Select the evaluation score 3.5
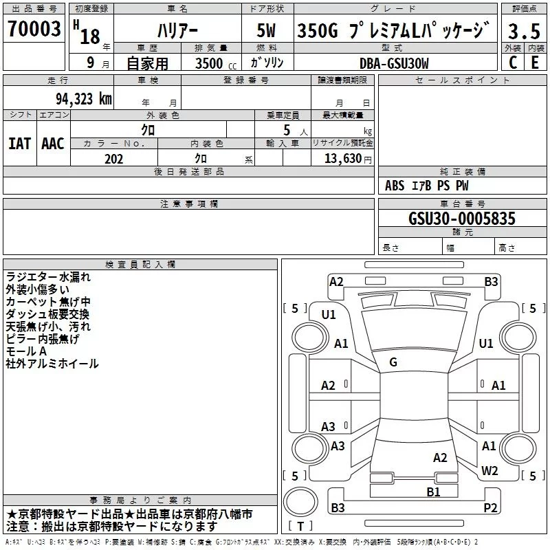pyautogui.click(x=523, y=32)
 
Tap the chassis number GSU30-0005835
pyautogui.click(x=461, y=219)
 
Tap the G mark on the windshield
pyautogui.click(x=393, y=362)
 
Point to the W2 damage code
pyautogui.click(x=489, y=470)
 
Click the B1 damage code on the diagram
pyautogui.click(x=433, y=492)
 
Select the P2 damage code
pyautogui.click(x=490, y=508)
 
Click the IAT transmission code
pyautogui.click(x=19, y=144)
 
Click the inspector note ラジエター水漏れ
pyautogui.click(x=48, y=277)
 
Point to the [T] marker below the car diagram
pyautogui.click(x=300, y=527)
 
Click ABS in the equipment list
pyautogui.click(x=395, y=186)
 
